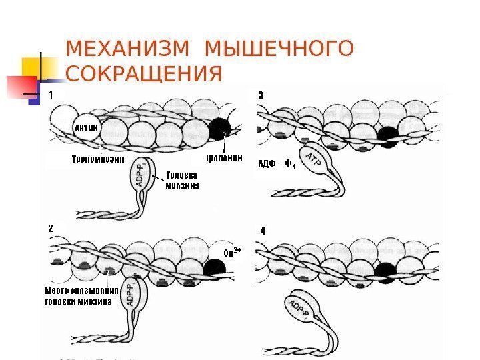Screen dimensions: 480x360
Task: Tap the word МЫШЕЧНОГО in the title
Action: tap(279, 51)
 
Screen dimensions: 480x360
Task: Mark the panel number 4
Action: tap(262, 231)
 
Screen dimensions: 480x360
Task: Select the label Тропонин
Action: tap(223, 159)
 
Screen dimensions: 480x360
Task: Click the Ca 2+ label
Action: tap(232, 252)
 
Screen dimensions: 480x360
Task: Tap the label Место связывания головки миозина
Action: tap(81, 296)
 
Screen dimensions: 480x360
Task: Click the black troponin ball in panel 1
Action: tap(220, 129)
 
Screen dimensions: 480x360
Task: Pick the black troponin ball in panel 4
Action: tap(385, 271)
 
